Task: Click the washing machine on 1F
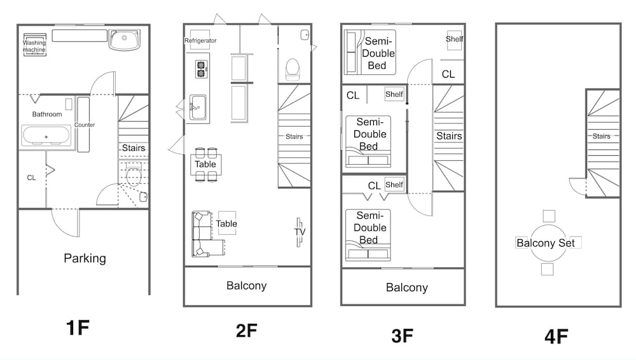34,45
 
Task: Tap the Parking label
85,258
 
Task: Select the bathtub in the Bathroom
46,136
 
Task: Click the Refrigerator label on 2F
200,41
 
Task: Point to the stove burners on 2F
201,69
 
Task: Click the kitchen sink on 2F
198,107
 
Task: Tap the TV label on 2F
300,232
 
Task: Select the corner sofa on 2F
205,234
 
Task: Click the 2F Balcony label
246,286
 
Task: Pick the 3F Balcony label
407,287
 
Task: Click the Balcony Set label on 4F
546,243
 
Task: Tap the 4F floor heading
556,336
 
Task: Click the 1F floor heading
78,328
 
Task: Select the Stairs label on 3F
449,136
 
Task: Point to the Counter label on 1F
85,125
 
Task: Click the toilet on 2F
293,69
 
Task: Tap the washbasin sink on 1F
125,39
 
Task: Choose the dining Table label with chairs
205,164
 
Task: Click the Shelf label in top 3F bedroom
454,39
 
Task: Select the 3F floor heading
403,336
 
